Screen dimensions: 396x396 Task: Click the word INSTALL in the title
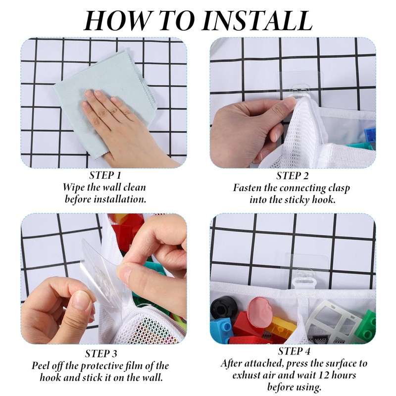point(257,20)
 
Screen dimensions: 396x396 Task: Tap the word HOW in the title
point(117,20)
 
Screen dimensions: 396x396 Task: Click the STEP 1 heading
point(105,175)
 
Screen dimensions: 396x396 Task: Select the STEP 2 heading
point(293,176)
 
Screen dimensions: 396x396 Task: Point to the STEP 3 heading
point(101,353)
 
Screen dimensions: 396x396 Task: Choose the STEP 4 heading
point(294,351)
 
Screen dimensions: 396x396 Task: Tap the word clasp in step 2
point(339,189)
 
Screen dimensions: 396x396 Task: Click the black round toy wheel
point(224,307)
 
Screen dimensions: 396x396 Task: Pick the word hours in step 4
point(344,375)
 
